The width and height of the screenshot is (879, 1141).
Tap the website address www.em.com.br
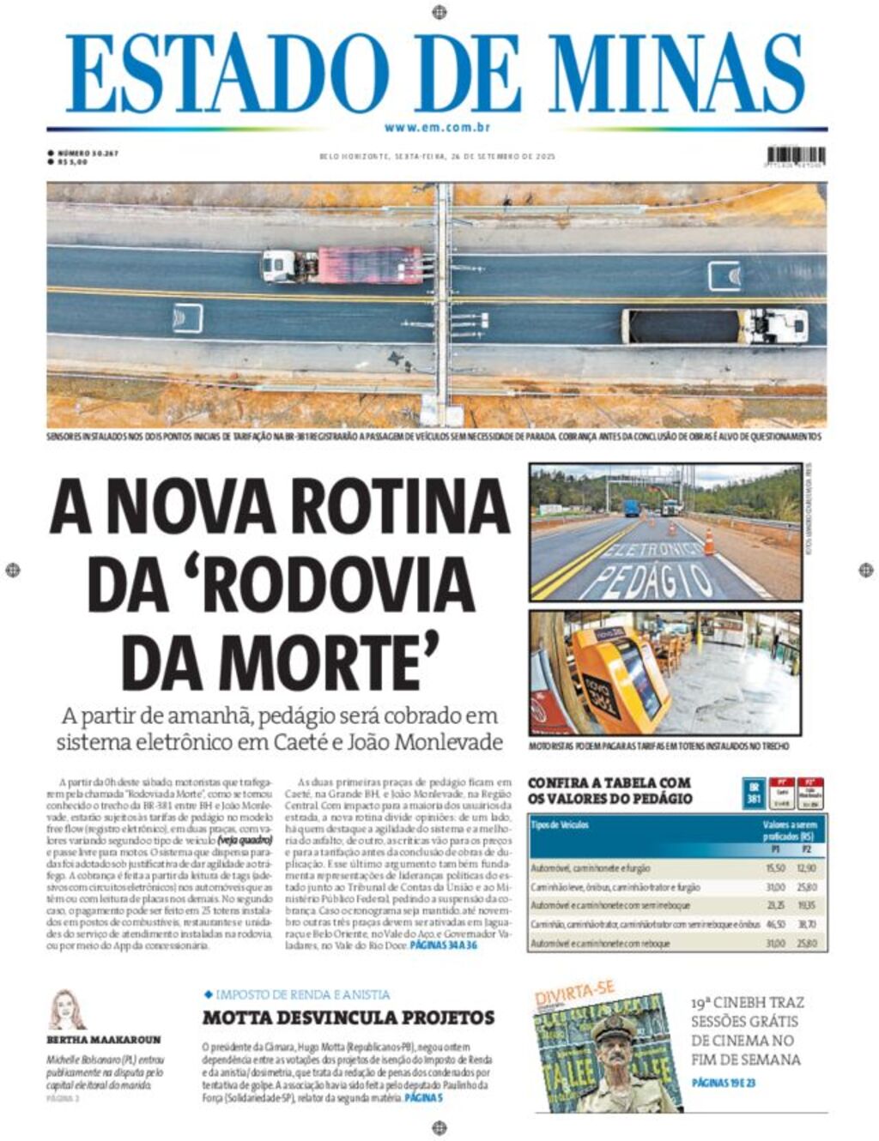(x=437, y=127)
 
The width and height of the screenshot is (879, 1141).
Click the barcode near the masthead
(x=796, y=157)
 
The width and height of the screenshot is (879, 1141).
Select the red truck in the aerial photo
(x=369, y=265)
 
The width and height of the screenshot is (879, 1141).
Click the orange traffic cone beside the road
(x=710, y=541)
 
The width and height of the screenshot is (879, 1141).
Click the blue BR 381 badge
(x=754, y=794)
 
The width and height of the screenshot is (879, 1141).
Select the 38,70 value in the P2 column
(x=806, y=924)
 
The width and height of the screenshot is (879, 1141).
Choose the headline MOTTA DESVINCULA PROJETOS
(x=349, y=1017)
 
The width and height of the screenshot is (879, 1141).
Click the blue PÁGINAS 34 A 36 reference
(x=443, y=944)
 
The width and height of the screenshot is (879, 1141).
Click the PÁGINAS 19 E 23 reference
(x=724, y=1083)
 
